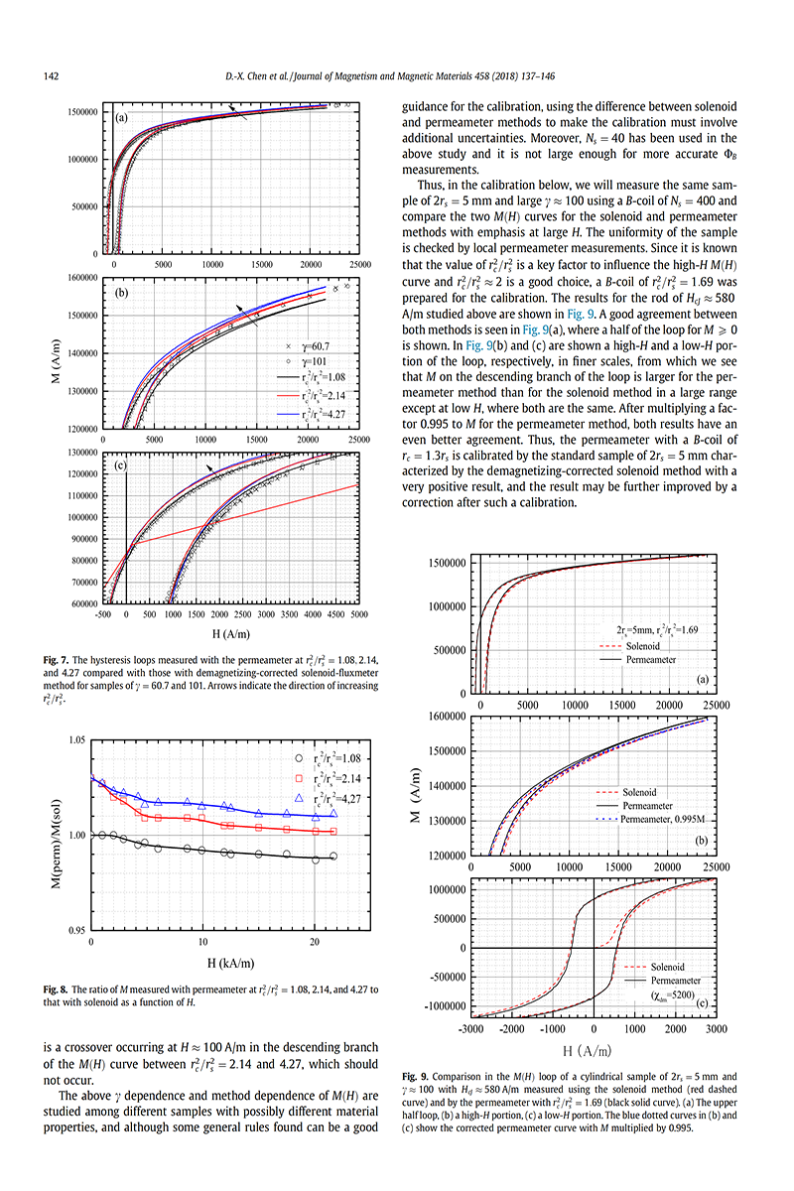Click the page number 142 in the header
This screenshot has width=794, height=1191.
pos(51,76)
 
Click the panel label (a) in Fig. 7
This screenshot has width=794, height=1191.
pos(122,117)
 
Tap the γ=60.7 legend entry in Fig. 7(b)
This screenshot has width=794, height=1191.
pos(308,346)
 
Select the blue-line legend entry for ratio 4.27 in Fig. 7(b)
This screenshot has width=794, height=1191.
pos(311,414)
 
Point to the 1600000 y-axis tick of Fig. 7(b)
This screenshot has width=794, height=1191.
pos(82,278)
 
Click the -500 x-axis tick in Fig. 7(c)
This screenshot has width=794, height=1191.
pos(102,614)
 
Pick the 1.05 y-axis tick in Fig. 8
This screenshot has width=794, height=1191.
pos(76,740)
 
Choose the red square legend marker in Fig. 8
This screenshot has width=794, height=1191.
pos(299,778)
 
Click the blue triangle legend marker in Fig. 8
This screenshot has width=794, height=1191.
pos(299,798)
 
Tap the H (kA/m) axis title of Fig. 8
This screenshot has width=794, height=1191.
pos(231,963)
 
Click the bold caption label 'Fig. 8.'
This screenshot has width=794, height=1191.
pos(56,990)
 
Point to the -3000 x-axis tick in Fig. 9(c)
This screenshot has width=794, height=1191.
pos(470,1029)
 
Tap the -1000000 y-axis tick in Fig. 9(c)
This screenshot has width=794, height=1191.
pos(445,1006)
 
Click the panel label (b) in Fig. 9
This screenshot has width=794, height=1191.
pos(702,841)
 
